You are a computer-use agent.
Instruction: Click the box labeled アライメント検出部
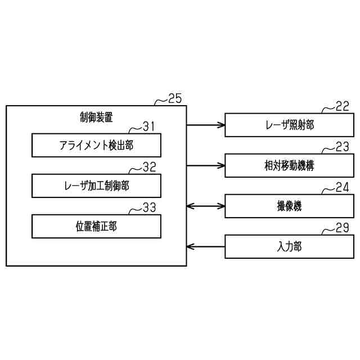[96, 145]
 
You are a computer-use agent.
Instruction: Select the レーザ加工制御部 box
[96, 186]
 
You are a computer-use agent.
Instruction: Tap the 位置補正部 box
[96, 226]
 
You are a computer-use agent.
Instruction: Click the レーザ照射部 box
[289, 125]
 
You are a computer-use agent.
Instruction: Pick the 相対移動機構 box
[289, 165]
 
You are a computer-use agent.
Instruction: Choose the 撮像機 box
[289, 206]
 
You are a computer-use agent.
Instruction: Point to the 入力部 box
[289, 246]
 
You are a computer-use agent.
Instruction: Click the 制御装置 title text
[96, 117]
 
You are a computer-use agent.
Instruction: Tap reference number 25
[175, 98]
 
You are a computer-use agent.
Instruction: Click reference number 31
[148, 127]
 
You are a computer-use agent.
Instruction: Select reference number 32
[148, 167]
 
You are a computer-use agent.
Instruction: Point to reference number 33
[148, 208]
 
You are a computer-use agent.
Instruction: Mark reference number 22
[342, 107]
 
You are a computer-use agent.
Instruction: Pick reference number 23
[342, 147]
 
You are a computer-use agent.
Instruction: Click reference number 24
[342, 188]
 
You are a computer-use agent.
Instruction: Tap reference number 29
[342, 228]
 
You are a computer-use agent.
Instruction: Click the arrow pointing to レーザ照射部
[205, 125]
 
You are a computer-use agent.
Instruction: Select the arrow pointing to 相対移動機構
[205, 165]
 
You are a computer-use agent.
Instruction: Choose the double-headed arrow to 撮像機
[205, 206]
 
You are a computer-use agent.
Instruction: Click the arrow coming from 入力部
[205, 246]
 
